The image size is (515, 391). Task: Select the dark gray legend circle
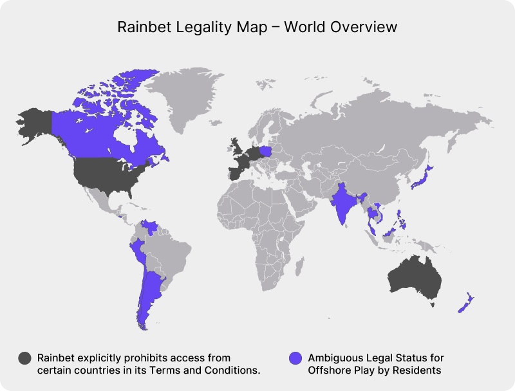[25, 358]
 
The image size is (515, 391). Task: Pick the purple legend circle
[296, 358]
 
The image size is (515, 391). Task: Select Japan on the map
[422, 178]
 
